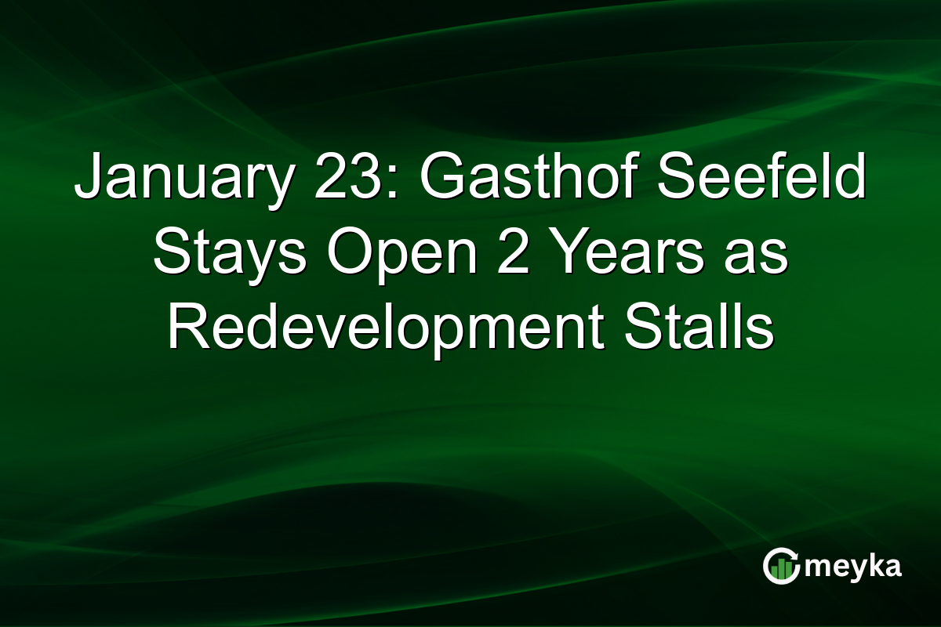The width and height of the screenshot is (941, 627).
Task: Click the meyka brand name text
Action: (x=854, y=567)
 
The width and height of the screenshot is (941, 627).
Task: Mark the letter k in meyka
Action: (x=872, y=566)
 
